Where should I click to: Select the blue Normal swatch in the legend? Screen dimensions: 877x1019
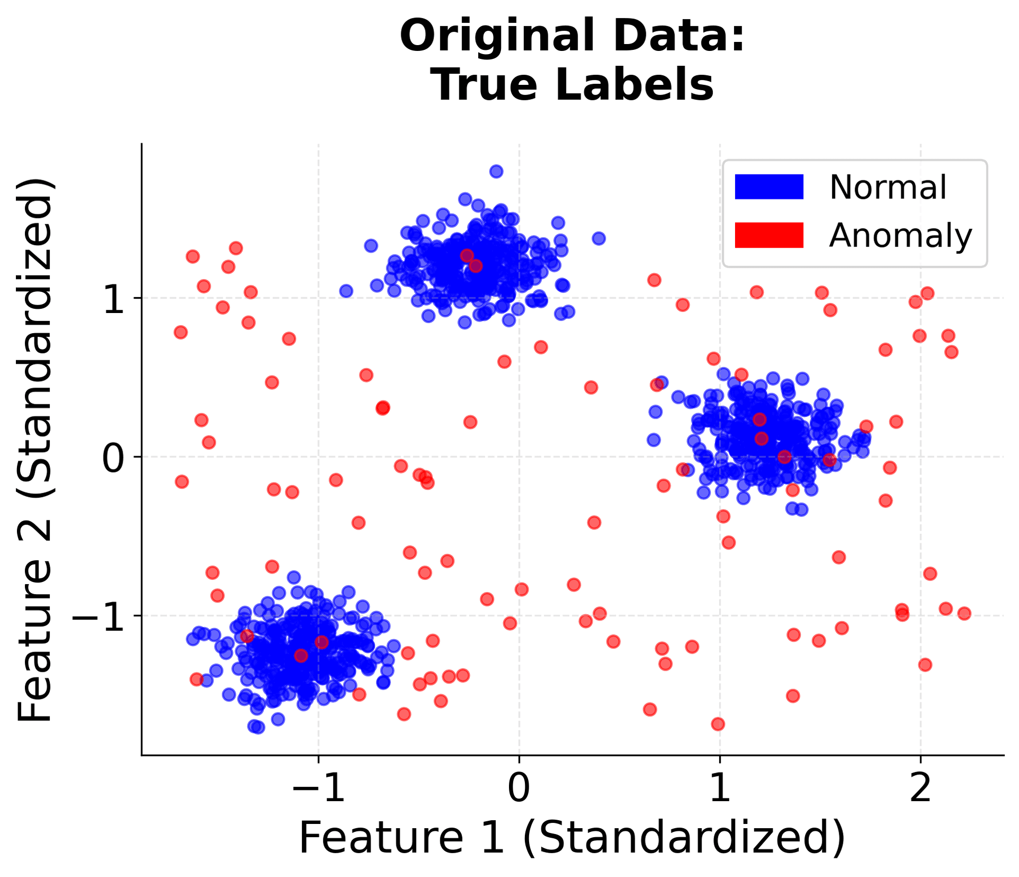coord(768,187)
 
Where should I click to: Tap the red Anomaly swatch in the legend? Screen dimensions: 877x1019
coord(768,235)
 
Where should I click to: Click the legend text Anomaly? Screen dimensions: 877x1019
coord(900,235)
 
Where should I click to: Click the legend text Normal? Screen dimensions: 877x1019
coord(887,187)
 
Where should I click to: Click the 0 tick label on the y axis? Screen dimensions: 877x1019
coord(114,457)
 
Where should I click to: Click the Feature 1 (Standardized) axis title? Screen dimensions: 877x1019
coord(572,838)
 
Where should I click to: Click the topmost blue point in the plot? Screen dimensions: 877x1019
coord(496,171)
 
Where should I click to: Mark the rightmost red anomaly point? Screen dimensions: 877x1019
coord(964,614)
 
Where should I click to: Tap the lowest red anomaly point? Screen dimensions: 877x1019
coord(718,724)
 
